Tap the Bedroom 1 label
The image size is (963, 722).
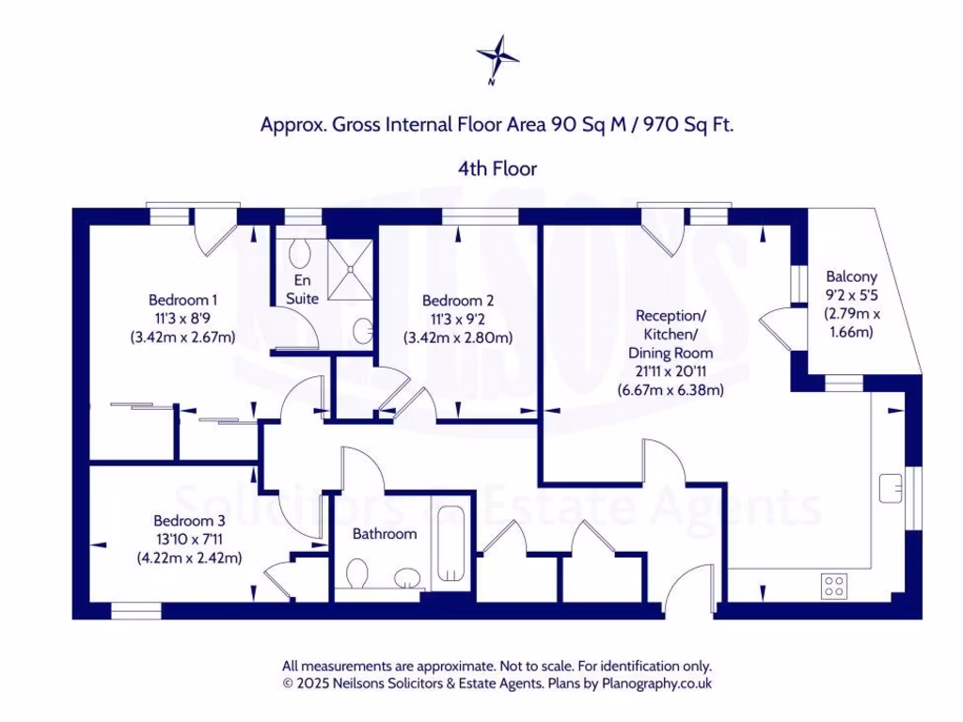pos(183,300)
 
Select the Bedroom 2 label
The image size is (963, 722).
pos(458,301)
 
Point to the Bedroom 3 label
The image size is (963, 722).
pos(189,521)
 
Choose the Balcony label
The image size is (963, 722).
pos(851,276)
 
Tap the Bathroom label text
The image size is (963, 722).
pos(385,534)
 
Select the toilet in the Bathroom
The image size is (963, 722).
pos(358,573)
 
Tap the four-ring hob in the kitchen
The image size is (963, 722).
pos(833,586)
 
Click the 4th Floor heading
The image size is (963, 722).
pos(497,169)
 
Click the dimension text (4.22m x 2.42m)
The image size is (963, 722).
pos(189,557)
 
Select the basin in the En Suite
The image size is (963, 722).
pos(363,331)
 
